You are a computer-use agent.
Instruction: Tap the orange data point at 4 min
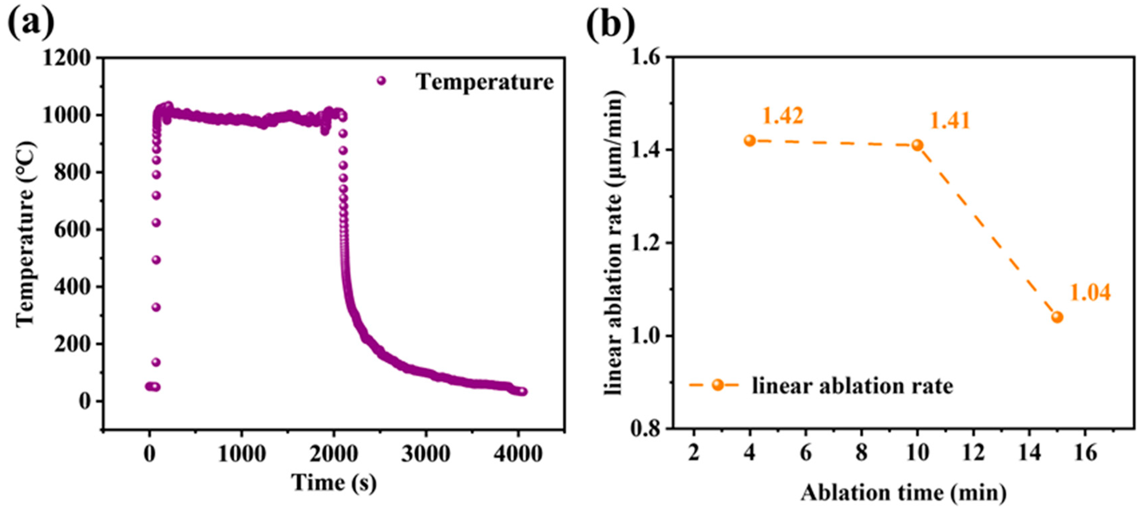pyautogui.click(x=750, y=141)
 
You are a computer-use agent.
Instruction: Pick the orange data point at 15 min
pyautogui.click(x=1057, y=317)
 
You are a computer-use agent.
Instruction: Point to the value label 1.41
pyautogui.click(x=949, y=121)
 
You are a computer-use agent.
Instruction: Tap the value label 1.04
pyautogui.click(x=1090, y=293)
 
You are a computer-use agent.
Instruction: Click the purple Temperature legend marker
pyautogui.click(x=381, y=81)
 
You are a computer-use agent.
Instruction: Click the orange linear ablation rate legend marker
pyautogui.click(x=717, y=385)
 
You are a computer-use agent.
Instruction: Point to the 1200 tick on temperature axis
pyautogui.click(x=67, y=58)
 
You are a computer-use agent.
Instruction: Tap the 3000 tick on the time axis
pyautogui.click(x=426, y=454)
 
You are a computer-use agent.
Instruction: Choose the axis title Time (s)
pyautogui.click(x=334, y=482)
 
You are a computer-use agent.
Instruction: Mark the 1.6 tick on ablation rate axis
pyautogui.click(x=645, y=58)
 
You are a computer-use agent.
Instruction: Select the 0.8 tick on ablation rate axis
pyautogui.click(x=645, y=429)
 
